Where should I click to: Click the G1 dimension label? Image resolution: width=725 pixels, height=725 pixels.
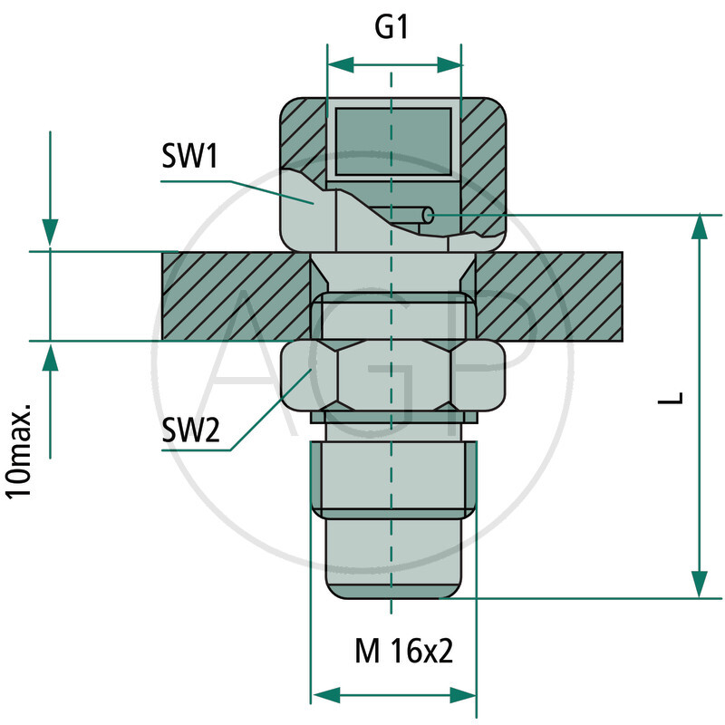pos(391,27)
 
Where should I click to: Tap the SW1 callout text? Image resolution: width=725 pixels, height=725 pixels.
pos(189,156)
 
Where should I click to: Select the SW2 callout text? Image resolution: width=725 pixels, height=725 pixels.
pos(190,430)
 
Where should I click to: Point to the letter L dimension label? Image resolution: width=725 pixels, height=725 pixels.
pos(671,398)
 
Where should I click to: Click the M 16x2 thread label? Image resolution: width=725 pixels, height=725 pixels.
pos(403,651)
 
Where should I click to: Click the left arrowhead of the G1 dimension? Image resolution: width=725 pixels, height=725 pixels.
pos(341,65)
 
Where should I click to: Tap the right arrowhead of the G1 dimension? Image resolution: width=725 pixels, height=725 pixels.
pos(449,65)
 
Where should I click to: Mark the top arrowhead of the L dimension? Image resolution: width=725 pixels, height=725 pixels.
pos(700,228)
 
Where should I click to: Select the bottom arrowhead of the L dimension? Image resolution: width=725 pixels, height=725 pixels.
pos(700,585)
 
